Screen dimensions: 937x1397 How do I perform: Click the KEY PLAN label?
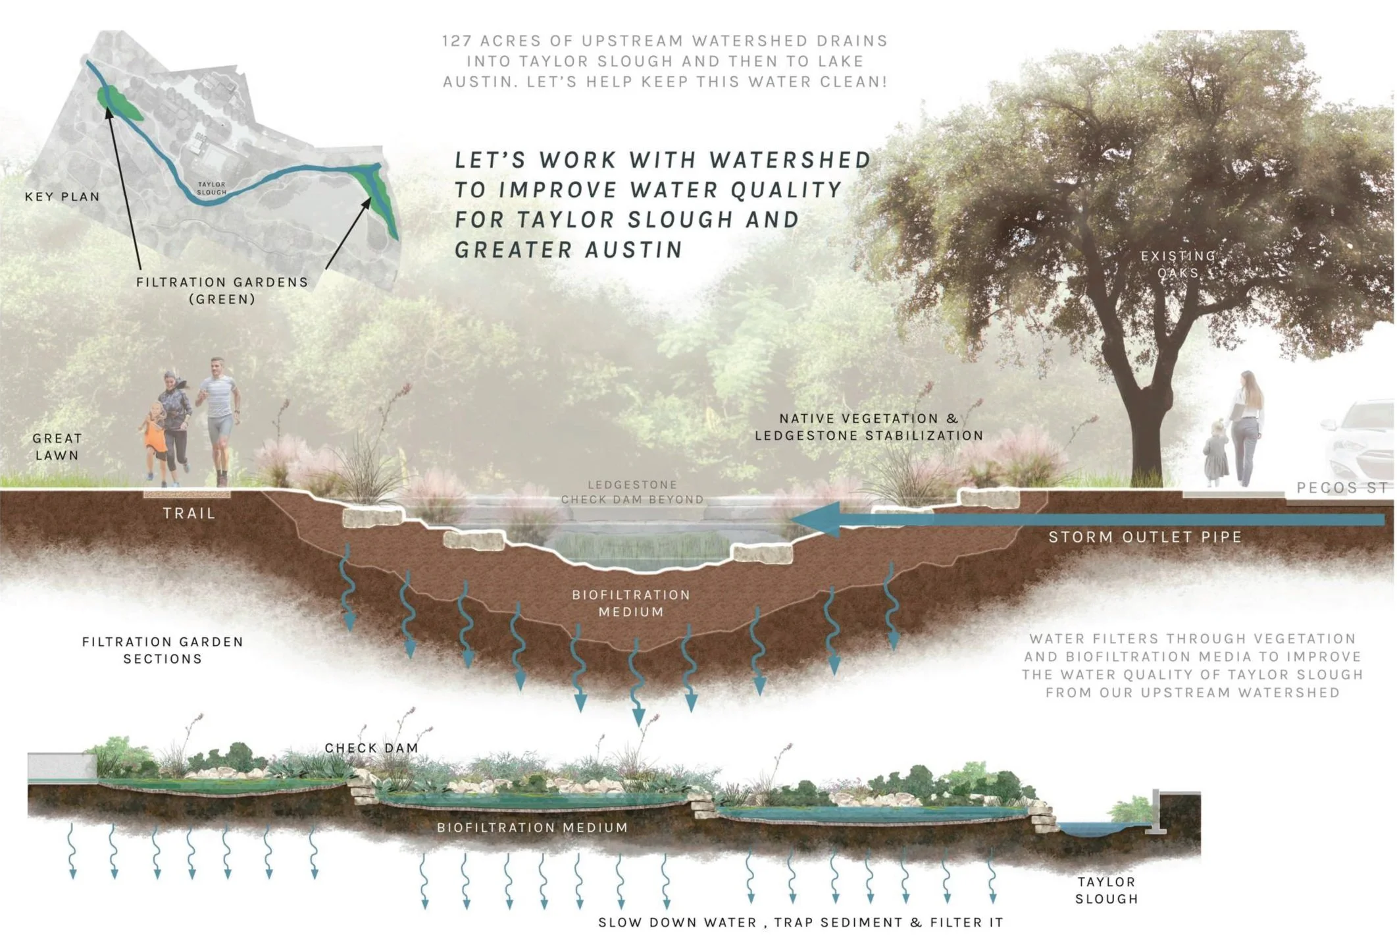pyautogui.click(x=63, y=196)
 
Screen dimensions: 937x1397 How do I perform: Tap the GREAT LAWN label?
pyautogui.click(x=57, y=446)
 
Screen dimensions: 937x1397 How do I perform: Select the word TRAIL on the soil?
pyautogui.click(x=190, y=514)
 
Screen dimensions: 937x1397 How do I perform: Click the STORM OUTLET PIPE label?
pyautogui.click(x=1145, y=537)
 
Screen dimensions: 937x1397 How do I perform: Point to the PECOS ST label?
pyautogui.click(x=1342, y=488)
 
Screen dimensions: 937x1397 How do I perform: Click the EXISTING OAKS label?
pyautogui.click(x=1178, y=263)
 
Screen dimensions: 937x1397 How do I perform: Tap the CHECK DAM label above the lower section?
pyautogui.click(x=371, y=748)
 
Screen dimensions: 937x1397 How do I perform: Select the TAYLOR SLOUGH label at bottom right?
pyautogui.click(x=1106, y=890)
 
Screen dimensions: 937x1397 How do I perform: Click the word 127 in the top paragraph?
pyautogui.click(x=457, y=41)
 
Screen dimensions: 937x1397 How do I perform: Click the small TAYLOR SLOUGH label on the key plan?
pyautogui.click(x=211, y=188)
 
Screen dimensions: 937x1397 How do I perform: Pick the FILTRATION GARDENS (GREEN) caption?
pyautogui.click(x=222, y=290)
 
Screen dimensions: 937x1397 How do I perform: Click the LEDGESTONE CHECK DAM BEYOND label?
pyautogui.click(x=632, y=492)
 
